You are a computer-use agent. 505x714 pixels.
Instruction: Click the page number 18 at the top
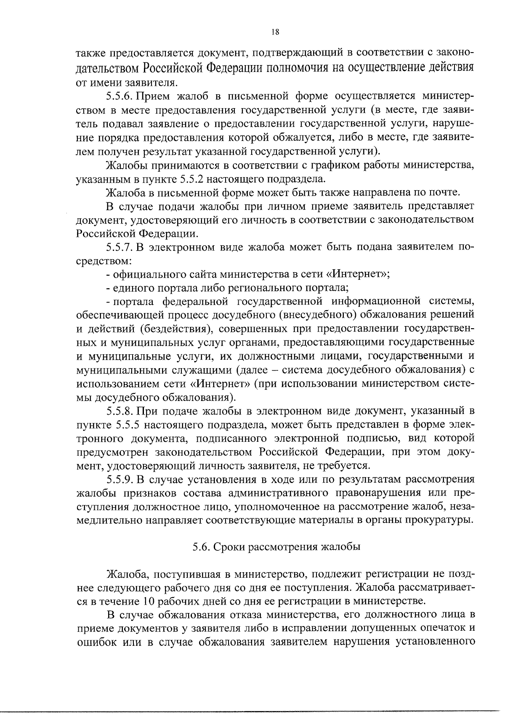(x=275, y=32)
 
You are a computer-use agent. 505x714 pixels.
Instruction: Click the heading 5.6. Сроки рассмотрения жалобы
(x=276, y=547)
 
